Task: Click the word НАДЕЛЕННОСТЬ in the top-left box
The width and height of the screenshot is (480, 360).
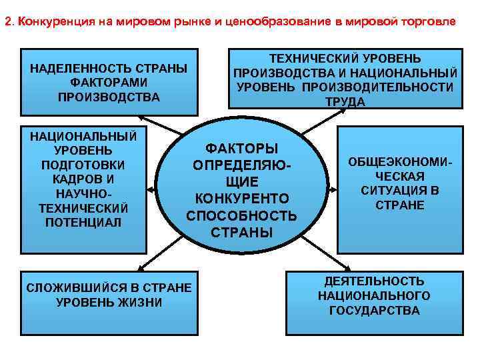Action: [x=70, y=69]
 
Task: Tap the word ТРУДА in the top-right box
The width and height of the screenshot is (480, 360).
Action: [x=345, y=102]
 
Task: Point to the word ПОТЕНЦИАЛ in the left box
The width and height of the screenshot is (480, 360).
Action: [x=83, y=222]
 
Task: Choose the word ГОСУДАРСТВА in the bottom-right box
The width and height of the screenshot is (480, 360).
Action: [x=374, y=310]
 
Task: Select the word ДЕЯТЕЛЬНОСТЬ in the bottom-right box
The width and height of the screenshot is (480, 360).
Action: [x=374, y=281]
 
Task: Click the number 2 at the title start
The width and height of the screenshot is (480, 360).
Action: [x=7, y=21]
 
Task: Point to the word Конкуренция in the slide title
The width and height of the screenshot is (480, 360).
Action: [x=54, y=21]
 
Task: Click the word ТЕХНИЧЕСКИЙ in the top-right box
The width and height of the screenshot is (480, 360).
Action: [x=313, y=58]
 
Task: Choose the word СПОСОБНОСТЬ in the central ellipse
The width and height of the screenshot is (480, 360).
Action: [x=241, y=215]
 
